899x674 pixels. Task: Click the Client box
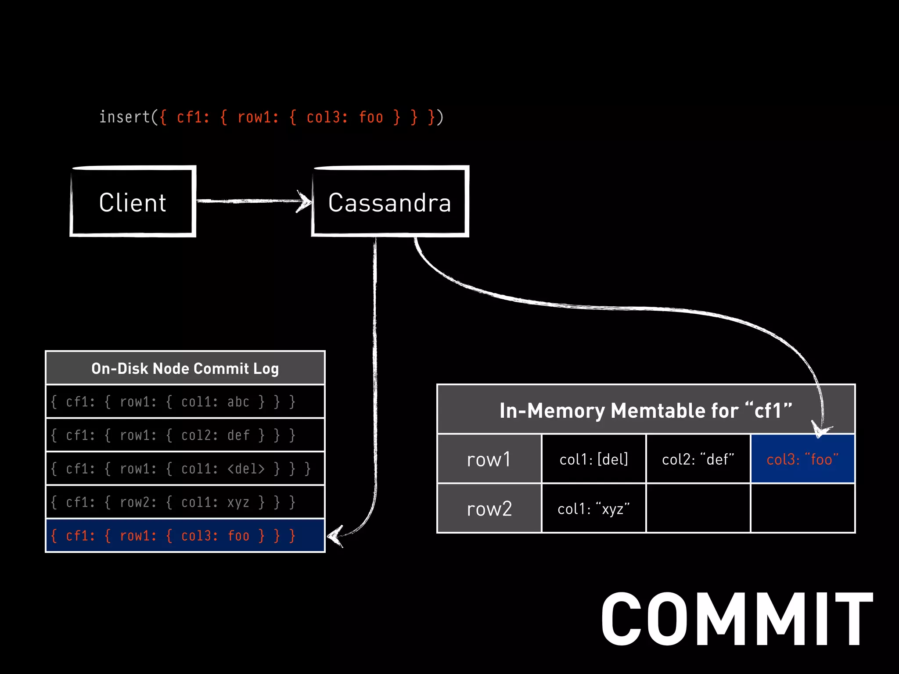coord(133,202)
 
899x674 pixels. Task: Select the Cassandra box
coord(390,202)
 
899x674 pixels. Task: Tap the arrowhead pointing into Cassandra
coord(304,201)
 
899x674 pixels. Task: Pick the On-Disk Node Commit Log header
coord(185,368)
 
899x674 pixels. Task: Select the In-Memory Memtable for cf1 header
coord(645,410)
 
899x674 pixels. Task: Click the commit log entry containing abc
coord(185,402)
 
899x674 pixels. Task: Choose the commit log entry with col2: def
coord(185,435)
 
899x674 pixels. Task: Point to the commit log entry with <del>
coord(185,468)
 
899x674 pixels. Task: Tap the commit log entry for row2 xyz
coord(185,502)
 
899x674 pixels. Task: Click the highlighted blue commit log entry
coord(185,535)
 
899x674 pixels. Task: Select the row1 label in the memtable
coord(489,459)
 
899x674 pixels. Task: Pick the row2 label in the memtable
coord(489,509)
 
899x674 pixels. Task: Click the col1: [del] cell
coord(593,459)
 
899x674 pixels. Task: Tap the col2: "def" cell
coord(698,459)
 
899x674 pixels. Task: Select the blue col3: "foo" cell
coord(802,459)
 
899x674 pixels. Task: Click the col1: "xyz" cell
coord(593,509)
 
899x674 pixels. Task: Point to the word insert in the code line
coord(125,117)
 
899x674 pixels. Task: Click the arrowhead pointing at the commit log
coord(335,536)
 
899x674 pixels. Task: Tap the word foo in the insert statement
coord(371,117)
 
